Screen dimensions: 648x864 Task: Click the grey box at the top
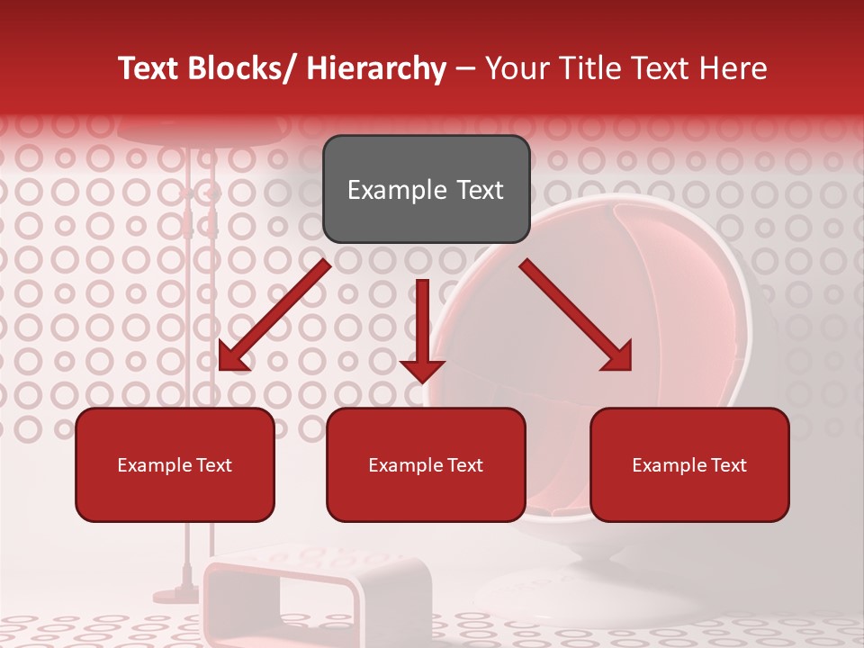(426, 189)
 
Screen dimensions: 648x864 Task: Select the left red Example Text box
(175, 464)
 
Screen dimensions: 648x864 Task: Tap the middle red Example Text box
(426, 464)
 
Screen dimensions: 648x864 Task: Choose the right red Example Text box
(689, 464)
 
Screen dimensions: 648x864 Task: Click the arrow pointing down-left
(275, 315)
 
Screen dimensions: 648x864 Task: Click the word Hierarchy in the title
(376, 68)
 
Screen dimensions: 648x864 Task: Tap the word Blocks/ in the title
(241, 68)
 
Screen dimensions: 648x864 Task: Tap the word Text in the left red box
(213, 465)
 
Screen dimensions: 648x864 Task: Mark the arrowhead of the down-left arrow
(232, 357)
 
